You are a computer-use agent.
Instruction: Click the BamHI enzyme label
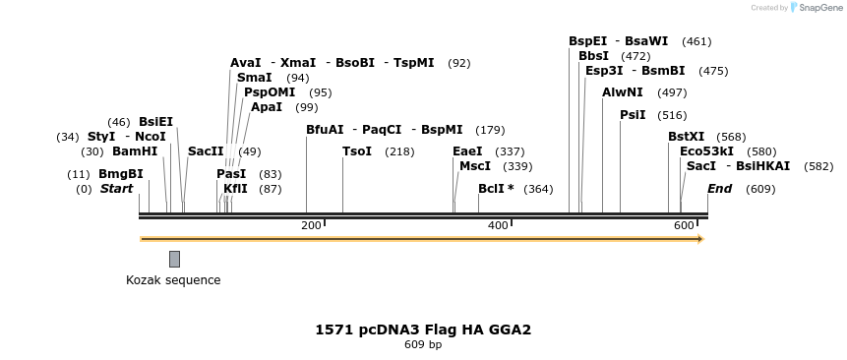click(x=135, y=151)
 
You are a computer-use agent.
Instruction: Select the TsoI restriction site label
click(x=357, y=151)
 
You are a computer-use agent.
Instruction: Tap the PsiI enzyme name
click(x=633, y=115)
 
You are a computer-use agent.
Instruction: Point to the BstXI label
click(x=686, y=137)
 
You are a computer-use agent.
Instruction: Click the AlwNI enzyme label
click(x=623, y=92)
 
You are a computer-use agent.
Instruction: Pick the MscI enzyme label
click(x=475, y=166)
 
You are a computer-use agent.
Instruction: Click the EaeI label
click(x=467, y=151)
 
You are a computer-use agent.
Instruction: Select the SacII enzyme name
click(x=206, y=151)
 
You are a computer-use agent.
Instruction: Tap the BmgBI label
click(x=121, y=174)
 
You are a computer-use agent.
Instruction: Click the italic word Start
click(x=116, y=189)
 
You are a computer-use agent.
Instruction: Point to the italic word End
click(x=719, y=189)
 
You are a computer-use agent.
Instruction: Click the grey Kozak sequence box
click(x=174, y=259)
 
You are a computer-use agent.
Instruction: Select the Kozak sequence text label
click(x=173, y=280)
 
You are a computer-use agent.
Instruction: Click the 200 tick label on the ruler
click(x=311, y=226)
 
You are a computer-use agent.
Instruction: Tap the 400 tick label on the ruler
click(x=498, y=226)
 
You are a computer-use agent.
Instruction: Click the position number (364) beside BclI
click(x=538, y=189)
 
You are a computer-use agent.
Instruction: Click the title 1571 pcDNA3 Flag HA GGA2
click(x=423, y=330)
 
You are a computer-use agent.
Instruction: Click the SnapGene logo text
click(x=818, y=8)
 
